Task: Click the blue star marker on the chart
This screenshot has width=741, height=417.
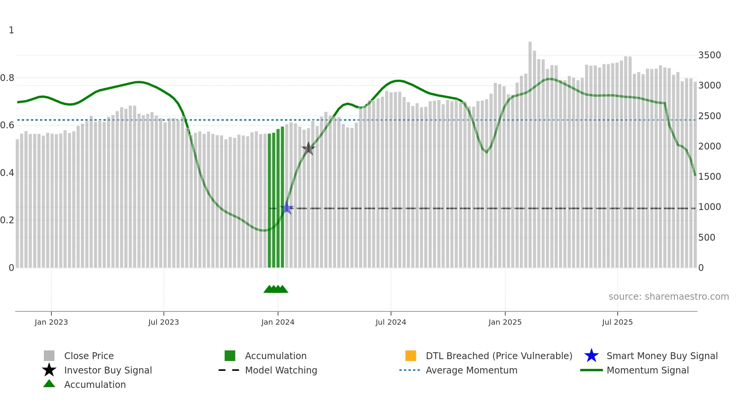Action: pyautogui.click(x=287, y=208)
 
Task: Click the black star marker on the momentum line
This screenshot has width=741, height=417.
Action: pyautogui.click(x=308, y=149)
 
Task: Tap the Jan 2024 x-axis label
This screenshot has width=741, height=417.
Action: pyautogui.click(x=278, y=322)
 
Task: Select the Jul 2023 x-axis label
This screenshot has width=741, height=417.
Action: pyautogui.click(x=164, y=322)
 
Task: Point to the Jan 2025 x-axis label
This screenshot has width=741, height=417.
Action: pyautogui.click(x=505, y=322)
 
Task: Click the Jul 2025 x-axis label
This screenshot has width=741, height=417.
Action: pyautogui.click(x=617, y=322)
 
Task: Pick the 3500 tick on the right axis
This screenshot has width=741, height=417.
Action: pyautogui.click(x=710, y=55)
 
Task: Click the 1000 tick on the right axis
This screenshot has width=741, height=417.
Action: pyautogui.click(x=710, y=207)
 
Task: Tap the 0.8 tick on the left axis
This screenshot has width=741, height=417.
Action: pyautogui.click(x=8, y=78)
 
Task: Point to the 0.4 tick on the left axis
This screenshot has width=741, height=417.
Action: pyautogui.click(x=8, y=173)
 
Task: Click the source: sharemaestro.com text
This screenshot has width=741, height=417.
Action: pyautogui.click(x=668, y=297)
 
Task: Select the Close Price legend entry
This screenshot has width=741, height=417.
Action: pyautogui.click(x=89, y=356)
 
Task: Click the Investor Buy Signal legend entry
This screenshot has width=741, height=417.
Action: pyautogui.click(x=108, y=370)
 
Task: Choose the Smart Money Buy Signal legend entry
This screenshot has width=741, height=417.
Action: pyautogui.click(x=662, y=356)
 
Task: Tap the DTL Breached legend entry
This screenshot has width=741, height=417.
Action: pyautogui.click(x=499, y=356)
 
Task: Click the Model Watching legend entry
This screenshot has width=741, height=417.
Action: pyautogui.click(x=281, y=370)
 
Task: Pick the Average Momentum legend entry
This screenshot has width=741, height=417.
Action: pyautogui.click(x=471, y=370)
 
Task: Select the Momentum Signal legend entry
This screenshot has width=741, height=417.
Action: pyautogui.click(x=648, y=370)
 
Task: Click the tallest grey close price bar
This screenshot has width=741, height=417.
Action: pyautogui.click(x=530, y=151)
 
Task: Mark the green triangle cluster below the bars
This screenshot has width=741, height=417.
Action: pyautogui.click(x=276, y=289)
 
